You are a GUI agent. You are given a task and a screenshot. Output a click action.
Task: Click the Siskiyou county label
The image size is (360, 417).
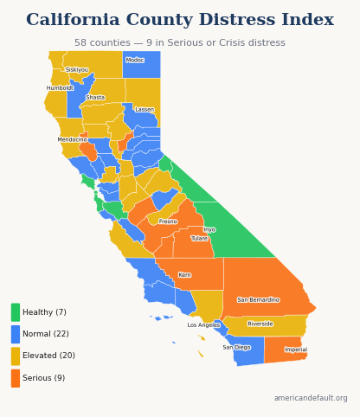77,70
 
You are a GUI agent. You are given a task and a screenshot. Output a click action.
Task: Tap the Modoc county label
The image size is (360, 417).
135,61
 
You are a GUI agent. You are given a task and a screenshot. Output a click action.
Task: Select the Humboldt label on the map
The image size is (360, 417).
60,88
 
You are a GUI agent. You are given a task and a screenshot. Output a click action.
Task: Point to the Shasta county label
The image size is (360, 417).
95,98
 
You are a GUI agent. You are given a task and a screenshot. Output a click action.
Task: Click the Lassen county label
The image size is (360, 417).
145,110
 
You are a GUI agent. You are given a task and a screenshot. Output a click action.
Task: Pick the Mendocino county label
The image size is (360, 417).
72,139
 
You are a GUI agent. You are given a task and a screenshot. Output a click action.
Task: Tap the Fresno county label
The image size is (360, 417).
168,221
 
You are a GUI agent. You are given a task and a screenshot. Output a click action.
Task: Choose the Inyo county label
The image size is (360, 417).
209,229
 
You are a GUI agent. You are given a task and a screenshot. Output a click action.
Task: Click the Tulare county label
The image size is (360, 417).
199,239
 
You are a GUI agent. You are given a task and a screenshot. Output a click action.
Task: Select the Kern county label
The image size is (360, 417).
184,275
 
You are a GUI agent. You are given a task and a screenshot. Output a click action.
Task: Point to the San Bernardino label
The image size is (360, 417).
258,300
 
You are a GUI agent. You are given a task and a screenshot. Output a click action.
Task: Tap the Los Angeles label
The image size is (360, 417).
203,325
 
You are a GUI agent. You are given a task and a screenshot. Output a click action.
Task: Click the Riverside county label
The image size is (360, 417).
260,324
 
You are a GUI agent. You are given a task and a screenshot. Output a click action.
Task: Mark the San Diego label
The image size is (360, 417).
236,348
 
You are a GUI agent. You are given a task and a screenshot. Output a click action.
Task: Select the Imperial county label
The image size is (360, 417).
296,350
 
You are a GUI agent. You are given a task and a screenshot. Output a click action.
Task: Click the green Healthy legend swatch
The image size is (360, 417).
16,312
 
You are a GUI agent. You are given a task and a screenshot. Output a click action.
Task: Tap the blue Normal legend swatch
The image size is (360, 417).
16,334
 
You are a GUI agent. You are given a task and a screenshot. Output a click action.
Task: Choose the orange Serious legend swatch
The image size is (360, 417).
16,378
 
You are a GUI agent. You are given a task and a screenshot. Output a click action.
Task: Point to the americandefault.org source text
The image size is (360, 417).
311,399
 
